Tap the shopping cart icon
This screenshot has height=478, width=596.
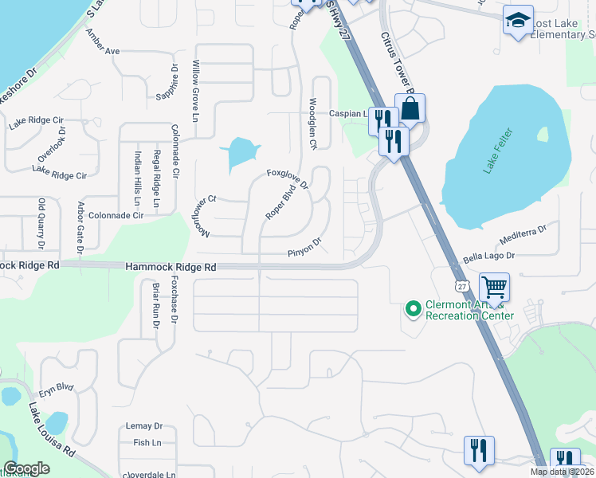pyautogui.click(x=495, y=287)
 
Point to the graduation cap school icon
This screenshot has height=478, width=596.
pyautogui.click(x=518, y=21)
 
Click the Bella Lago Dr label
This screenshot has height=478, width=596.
pyautogui.click(x=489, y=257)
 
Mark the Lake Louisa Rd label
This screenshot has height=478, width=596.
pyautogui.click(x=52, y=431)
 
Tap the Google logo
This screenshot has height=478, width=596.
pyautogui.click(x=26, y=468)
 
